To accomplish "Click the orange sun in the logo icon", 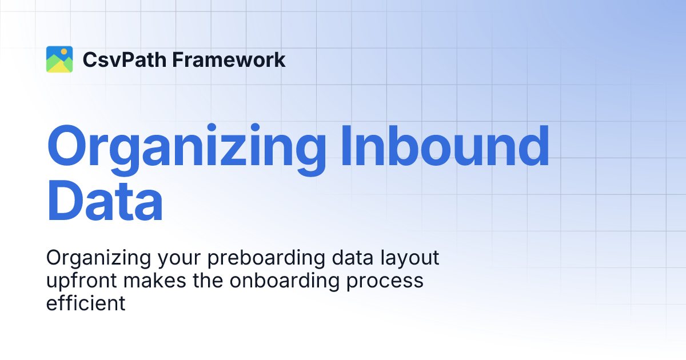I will (64, 51).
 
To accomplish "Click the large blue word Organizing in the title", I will (186, 147).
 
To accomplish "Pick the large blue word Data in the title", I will (105, 200).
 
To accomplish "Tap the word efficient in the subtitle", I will (85, 303).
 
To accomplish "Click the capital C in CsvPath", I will (90, 59).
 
